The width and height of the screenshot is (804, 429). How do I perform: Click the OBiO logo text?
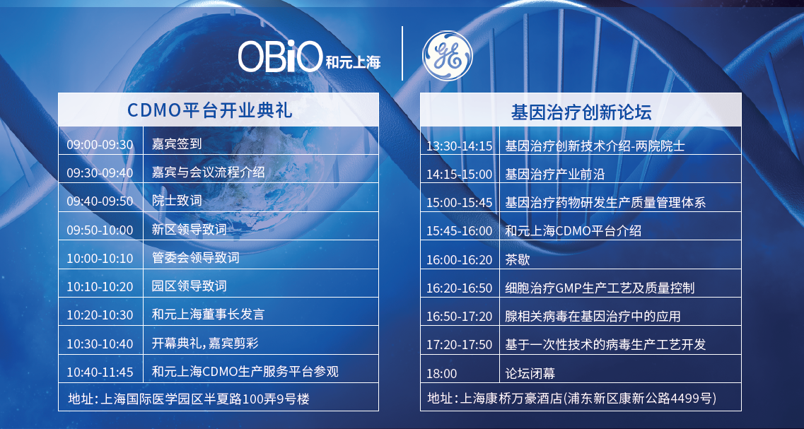pyautogui.click(x=281, y=56)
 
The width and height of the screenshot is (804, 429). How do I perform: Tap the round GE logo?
pyautogui.click(x=447, y=55)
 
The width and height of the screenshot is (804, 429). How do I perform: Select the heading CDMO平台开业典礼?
pyautogui.click(x=209, y=110)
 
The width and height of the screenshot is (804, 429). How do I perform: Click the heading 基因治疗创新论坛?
pyautogui.click(x=581, y=112)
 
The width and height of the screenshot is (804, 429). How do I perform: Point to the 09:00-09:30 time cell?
pyautogui.click(x=100, y=145)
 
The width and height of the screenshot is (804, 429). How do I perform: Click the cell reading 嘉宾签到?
pyautogui.click(x=177, y=144)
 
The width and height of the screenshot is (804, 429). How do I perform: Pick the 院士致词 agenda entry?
pyautogui.click(x=177, y=201)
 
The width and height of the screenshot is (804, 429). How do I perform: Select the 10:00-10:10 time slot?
pyautogui.click(x=100, y=259)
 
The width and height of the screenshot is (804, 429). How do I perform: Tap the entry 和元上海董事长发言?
pyautogui.click(x=208, y=314)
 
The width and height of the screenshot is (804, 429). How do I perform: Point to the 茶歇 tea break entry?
pyautogui.click(x=518, y=259)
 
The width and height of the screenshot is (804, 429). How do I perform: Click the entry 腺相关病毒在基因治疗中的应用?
pyautogui.click(x=593, y=316)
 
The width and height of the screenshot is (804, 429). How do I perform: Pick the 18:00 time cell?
pyautogui.click(x=441, y=373)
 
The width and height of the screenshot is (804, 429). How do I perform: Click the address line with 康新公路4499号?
pyautogui.click(x=572, y=398)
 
